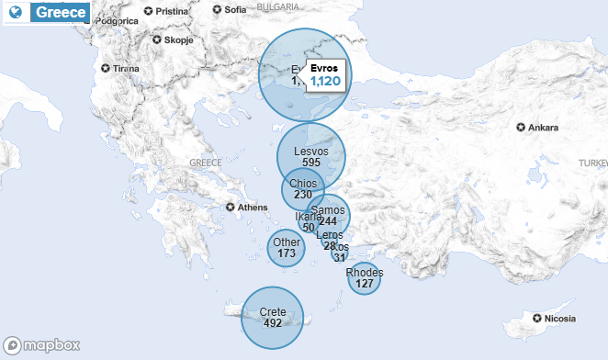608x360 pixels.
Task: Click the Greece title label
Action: pos(62,13)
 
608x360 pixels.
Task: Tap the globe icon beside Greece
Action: pos(15,13)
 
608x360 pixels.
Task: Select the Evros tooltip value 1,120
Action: pos(325,82)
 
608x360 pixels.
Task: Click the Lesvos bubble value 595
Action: pos(310,163)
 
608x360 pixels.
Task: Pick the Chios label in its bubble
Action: pos(302,184)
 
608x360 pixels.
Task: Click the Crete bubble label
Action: pos(273,312)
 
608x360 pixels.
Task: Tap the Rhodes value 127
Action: pos(365,284)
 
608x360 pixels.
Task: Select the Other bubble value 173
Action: pos(287,253)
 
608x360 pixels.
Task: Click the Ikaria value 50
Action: pos(309,228)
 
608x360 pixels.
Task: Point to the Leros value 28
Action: pos(330,246)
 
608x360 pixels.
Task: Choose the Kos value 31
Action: pos(341,258)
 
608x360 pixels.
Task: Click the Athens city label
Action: pos(252,208)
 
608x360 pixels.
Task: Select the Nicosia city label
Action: pos(559,319)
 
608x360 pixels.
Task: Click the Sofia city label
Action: pos(235,10)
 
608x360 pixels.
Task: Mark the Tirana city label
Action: pos(126,69)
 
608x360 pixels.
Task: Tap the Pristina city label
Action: pos(172,11)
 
